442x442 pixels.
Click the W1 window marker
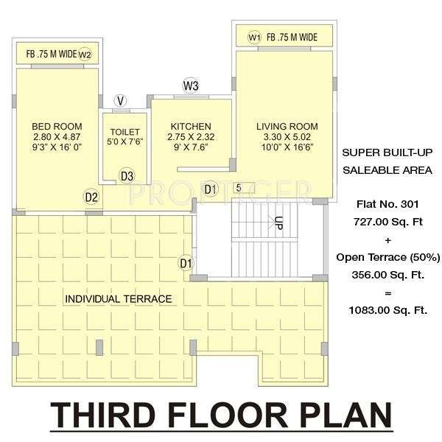point(254,37)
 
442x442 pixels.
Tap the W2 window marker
point(85,54)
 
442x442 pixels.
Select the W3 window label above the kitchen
point(191,86)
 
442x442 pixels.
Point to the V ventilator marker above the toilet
point(120,100)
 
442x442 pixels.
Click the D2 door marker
point(91,197)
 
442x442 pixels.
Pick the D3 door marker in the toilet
point(127,175)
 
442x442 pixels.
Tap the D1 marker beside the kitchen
point(211,189)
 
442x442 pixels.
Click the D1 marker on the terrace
point(186,262)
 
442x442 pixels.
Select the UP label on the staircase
point(278,223)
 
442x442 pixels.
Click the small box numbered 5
point(238,188)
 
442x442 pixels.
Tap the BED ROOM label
point(57,127)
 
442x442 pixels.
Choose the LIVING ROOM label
point(282,127)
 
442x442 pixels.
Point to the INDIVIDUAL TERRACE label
point(118,299)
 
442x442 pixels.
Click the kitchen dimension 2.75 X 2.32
point(191,137)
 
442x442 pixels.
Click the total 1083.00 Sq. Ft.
point(387,310)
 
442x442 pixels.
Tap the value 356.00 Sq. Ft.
point(387,275)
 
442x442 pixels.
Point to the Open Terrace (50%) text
point(387,257)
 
